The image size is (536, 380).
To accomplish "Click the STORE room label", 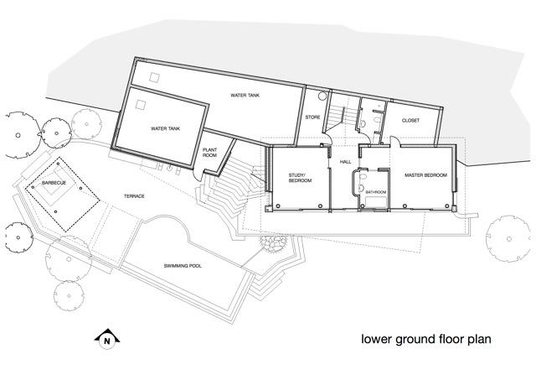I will coord(312,117).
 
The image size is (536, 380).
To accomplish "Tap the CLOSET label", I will coord(410,120).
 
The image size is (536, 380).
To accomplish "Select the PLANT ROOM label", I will coord(210,152).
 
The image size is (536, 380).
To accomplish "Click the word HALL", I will coord(345,164).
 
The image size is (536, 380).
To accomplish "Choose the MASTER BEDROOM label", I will coord(425,174).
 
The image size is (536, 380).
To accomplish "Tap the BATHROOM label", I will coord(375,193).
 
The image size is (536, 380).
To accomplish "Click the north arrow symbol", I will coord(106,340).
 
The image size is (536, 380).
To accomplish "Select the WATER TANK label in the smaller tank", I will coord(165,130).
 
